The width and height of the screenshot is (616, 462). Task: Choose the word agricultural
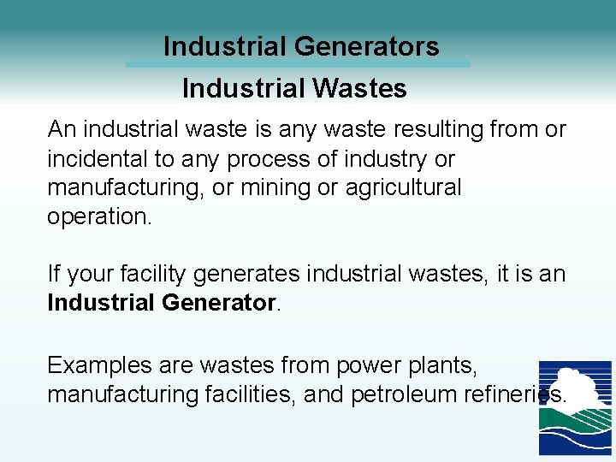coord(403,188)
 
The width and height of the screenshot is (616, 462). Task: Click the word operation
coord(99,217)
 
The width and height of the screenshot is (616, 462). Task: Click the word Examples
coord(99,365)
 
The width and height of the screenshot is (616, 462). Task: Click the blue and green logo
coord(574,407)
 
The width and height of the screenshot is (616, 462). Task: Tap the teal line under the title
coord(298,63)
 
